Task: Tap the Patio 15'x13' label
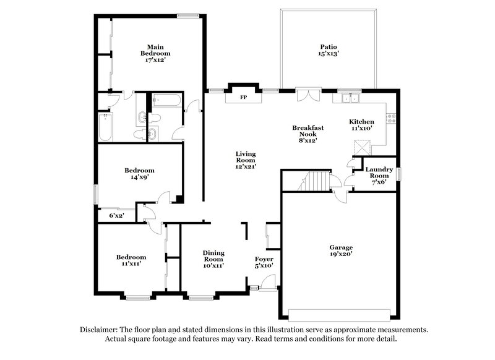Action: pos(329,50)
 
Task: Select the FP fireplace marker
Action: pos(243,98)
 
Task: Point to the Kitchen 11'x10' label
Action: pos(361,125)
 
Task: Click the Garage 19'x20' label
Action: pos(340,251)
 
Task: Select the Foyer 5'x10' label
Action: pos(264,262)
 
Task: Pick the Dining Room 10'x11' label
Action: pos(213,259)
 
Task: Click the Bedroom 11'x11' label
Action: pos(131,260)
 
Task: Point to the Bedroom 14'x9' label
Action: pos(139,174)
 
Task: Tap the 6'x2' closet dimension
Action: pos(116,215)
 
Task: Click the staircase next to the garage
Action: pos(315,182)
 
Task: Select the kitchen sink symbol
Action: pos(350,98)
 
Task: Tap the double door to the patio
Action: pos(308,94)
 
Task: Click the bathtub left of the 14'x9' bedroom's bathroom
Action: pos(105,126)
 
